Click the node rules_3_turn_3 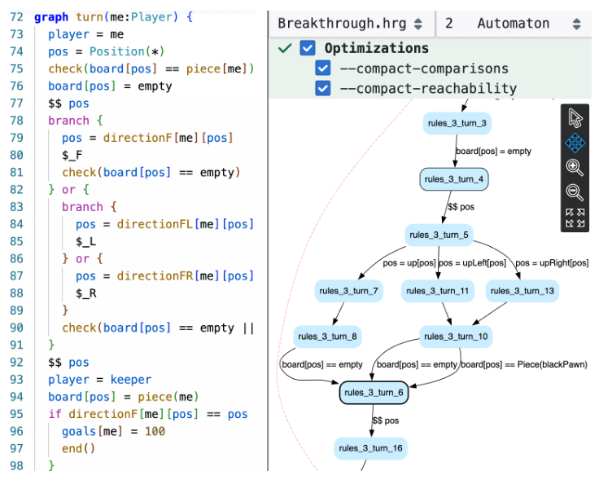(457, 124)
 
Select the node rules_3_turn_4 (454, 179)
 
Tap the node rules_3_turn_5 (439, 235)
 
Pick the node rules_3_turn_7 (348, 291)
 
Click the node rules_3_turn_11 (438, 291)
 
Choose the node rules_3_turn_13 (522, 291)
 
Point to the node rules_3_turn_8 (327, 337)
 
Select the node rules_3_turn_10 (456, 337)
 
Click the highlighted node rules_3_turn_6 (374, 393)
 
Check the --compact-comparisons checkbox (323, 68)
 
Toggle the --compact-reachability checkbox (323, 88)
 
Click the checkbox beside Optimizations (307, 48)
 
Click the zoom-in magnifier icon (575, 168)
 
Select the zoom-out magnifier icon (575, 193)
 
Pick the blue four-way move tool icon (575, 143)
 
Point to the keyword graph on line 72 (50, 16)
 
